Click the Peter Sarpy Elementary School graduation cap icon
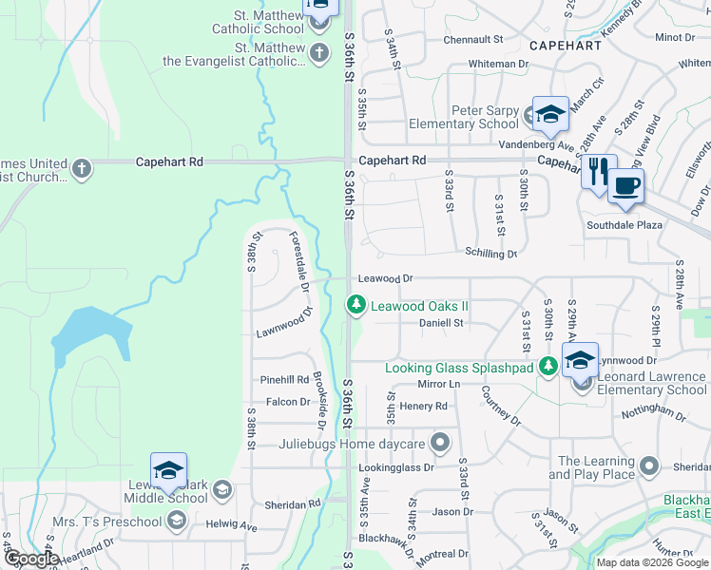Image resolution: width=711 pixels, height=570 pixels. [549, 115]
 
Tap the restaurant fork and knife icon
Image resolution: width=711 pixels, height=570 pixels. [598, 172]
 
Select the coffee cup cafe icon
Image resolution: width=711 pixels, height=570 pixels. [625, 184]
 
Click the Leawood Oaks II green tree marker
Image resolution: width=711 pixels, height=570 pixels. [355, 305]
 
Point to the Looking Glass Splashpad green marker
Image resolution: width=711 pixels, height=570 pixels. [548, 367]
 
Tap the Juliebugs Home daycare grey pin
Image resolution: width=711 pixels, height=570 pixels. [439, 443]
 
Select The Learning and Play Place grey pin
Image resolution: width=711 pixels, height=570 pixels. [649, 466]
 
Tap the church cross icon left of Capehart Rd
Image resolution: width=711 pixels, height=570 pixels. [82, 169]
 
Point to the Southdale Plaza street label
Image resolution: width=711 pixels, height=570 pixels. [624, 226]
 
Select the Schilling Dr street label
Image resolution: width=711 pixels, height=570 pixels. [490, 254]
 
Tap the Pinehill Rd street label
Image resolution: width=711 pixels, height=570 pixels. [285, 380]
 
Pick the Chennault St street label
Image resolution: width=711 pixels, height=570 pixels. [472, 39]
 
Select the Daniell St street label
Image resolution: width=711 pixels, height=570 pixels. [441, 323]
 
